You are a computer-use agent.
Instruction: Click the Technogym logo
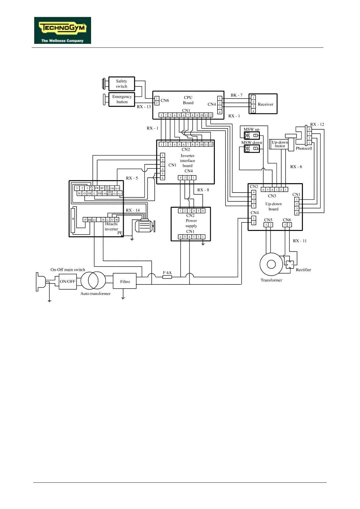[63, 30]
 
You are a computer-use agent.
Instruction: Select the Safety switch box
[122, 84]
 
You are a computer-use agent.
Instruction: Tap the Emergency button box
[122, 99]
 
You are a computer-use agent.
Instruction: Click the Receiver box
[263, 104]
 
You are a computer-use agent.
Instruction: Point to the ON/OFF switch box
[67, 281]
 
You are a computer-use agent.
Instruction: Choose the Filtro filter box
[125, 281]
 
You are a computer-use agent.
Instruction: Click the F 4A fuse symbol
[167, 277]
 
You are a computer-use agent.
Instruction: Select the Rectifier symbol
[290, 264]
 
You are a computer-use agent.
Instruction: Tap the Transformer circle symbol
[271, 264]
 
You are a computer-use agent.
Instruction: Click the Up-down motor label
[280, 144]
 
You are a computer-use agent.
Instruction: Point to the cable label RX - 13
[144, 107]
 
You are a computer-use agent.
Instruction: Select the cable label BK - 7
[237, 95]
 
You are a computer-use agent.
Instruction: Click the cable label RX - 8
[203, 190]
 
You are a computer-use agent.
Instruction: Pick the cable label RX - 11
[299, 241]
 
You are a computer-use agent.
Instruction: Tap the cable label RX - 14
[133, 210]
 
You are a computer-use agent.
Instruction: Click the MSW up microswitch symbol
[252, 135]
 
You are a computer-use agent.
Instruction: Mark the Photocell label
[304, 148]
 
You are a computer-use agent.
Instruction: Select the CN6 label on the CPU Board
[165, 101]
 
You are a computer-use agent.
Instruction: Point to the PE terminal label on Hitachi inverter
[120, 233]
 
